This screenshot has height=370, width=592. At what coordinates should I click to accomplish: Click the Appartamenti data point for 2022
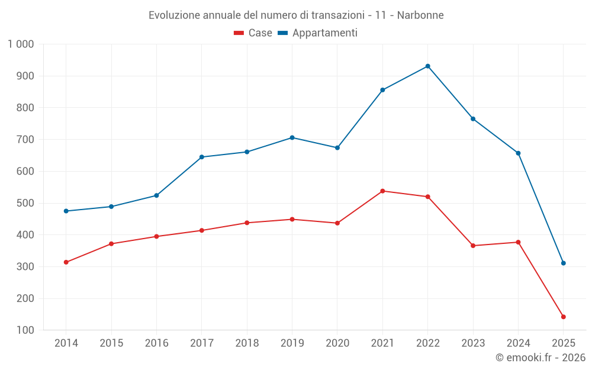coord(427,66)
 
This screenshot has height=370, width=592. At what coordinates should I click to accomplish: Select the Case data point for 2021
coord(382,191)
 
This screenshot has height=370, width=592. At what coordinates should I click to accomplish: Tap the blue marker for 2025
coord(563,263)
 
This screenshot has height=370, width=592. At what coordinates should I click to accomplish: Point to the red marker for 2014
coord(66,262)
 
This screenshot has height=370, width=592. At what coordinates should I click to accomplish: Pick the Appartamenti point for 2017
coord(202,157)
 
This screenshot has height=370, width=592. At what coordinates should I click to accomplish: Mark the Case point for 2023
coord(473,246)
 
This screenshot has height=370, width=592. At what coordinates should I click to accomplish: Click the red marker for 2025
coord(563,317)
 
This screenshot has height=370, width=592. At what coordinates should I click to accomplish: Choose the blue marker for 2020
coord(337,148)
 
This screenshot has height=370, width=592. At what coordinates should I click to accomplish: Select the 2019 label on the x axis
coord(292,343)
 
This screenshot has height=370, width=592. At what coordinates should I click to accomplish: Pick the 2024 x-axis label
coord(518,343)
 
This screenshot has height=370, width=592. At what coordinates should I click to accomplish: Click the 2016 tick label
coord(156,343)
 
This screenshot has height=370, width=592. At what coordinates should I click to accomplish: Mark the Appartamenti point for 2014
coord(66,211)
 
